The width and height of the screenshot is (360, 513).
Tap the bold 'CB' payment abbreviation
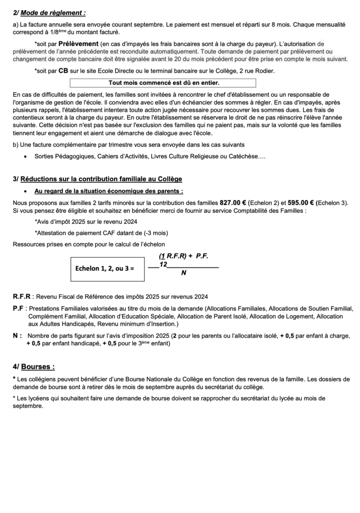point(63,71)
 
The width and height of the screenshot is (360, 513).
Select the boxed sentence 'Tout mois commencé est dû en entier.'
point(164,83)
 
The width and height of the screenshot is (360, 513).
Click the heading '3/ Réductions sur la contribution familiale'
point(98,179)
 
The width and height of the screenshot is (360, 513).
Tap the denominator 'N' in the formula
point(184,273)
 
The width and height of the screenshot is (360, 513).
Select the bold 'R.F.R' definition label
point(22,296)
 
